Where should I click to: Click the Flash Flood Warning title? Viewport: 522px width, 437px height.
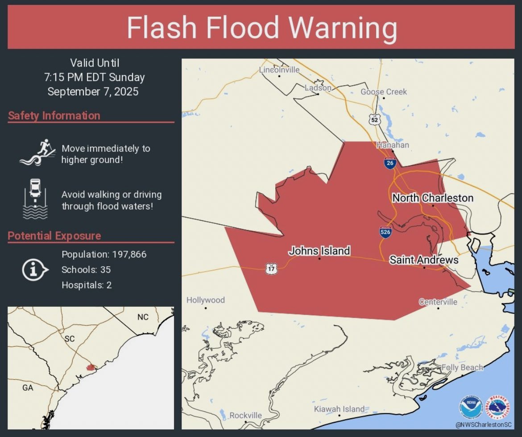tap(261, 28)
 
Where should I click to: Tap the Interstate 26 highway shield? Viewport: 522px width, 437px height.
tap(389, 163)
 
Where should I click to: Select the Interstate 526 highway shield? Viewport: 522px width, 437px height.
tap(386, 231)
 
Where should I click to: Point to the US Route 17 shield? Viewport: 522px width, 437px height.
tap(271, 268)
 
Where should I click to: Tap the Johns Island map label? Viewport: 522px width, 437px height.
tap(319, 251)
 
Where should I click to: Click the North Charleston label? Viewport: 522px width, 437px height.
tap(432, 198)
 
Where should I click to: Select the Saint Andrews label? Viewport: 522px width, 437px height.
tap(424, 260)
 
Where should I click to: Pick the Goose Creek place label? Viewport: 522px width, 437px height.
tap(384, 91)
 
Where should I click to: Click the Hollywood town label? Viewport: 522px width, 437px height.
tap(206, 300)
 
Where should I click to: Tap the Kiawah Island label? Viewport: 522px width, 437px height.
tap(339, 409)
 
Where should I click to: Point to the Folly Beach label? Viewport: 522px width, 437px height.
tap(462, 367)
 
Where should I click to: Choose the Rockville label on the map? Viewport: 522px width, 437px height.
tap(246, 415)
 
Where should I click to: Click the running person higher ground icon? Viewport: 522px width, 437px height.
tap(37, 153)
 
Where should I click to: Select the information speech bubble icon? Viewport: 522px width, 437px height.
tap(34, 270)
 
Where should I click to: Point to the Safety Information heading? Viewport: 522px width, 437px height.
tap(54, 115)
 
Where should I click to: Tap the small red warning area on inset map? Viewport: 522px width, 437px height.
tap(91, 368)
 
